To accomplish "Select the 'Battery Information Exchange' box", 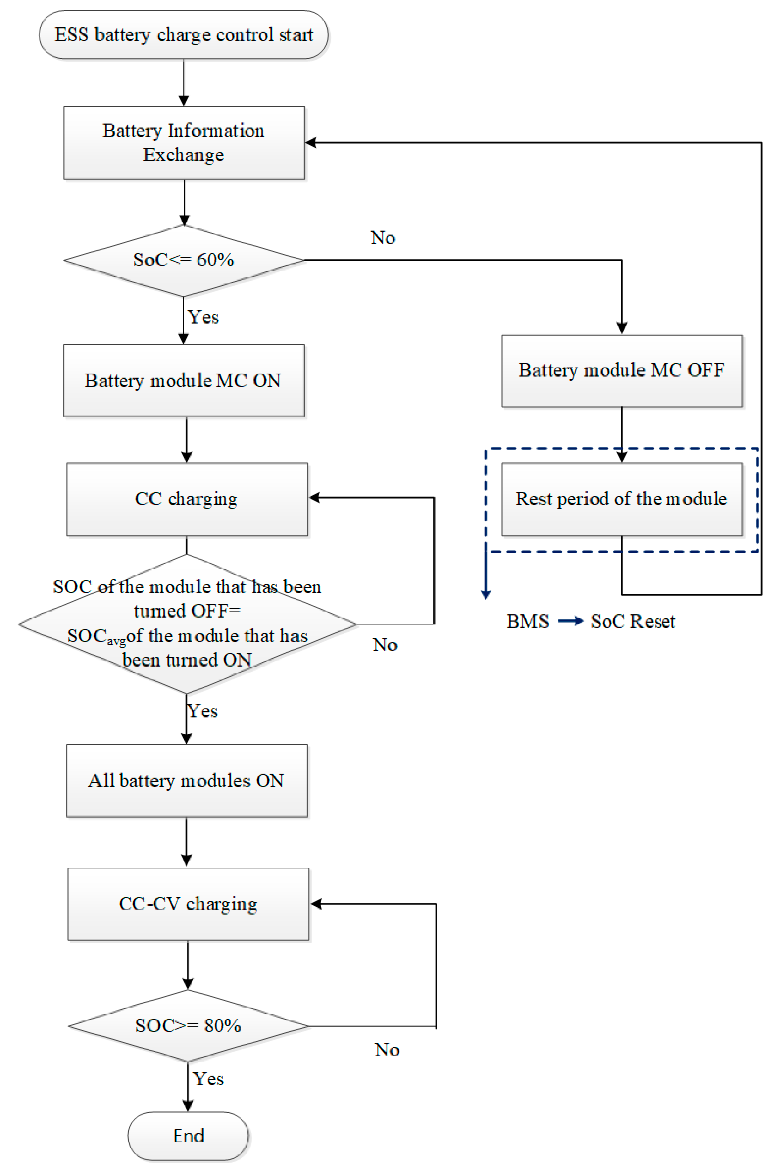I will point(184,143).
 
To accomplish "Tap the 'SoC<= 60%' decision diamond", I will point(184,260).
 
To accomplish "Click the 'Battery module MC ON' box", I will point(184,381).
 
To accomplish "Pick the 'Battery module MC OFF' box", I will point(621,371).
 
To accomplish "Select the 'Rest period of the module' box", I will point(621,499).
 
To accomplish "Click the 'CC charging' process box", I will point(186,499).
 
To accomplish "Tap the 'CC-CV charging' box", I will point(188,904).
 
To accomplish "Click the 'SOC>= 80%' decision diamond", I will point(188,1026).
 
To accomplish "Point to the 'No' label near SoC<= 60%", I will point(383,237).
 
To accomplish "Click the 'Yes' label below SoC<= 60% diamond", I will point(203,317).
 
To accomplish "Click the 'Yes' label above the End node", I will point(208,1079).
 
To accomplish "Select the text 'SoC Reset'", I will point(633,621).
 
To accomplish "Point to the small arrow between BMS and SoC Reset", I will point(571,621).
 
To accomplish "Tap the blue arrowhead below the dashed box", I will point(486,594).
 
